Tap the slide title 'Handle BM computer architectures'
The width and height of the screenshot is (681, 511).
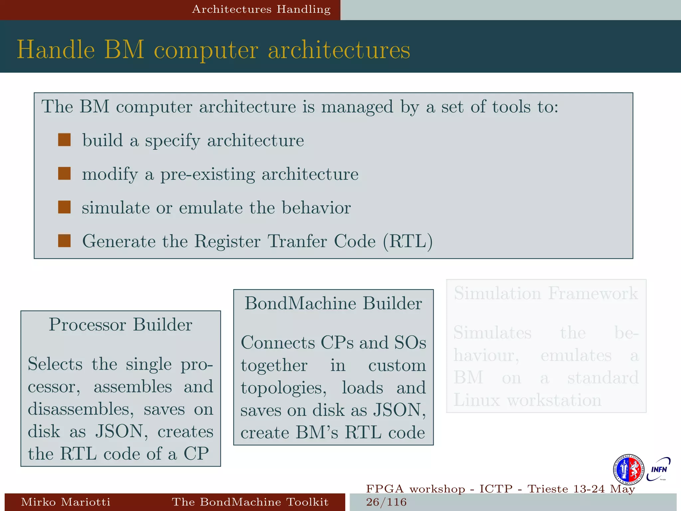[213, 50]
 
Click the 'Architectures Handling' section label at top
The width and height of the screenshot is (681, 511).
[261, 9]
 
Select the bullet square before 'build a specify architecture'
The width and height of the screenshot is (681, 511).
[64, 140]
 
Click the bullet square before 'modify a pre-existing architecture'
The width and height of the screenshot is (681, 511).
[64, 174]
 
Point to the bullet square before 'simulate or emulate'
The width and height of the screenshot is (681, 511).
[64, 207]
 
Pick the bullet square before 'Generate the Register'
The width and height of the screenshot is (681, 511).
[64, 241]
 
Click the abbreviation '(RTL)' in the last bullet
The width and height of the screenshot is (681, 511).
[408, 241]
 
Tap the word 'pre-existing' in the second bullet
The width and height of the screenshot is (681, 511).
[207, 174]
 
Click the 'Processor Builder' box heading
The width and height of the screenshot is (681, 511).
[120, 324]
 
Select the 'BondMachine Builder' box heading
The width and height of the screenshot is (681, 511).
[333, 303]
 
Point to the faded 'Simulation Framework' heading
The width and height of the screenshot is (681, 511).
[546, 293]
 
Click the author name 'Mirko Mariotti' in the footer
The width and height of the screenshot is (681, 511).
[66, 502]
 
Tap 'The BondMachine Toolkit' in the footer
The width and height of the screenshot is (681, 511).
[250, 502]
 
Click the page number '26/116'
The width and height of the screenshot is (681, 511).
[386, 502]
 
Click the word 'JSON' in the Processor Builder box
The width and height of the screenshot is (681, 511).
[119, 431]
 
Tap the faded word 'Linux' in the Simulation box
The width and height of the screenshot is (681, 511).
[477, 400]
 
